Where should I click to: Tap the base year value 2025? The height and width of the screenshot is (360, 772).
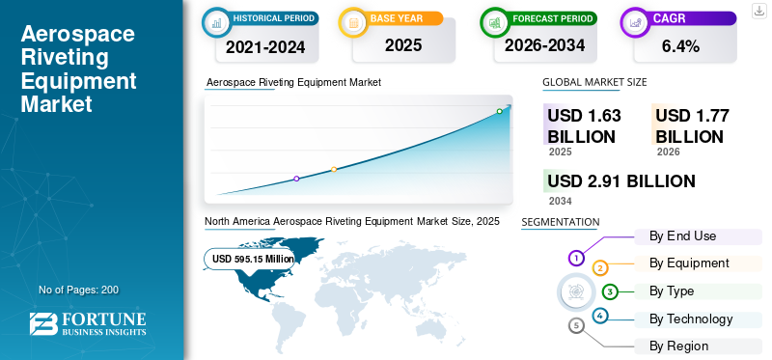[x=403, y=45]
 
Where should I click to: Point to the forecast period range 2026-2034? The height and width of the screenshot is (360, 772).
[x=542, y=46]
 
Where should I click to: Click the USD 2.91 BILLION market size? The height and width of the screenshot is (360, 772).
[x=620, y=181]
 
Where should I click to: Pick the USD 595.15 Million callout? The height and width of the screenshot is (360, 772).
[x=253, y=259]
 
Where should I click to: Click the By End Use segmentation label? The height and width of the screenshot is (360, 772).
[x=682, y=235]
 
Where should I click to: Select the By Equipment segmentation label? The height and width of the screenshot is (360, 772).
[x=689, y=263]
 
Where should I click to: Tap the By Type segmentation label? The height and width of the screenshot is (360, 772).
[x=672, y=291]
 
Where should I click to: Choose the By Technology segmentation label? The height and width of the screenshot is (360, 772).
[x=691, y=318]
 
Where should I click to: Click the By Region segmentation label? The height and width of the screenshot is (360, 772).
[x=678, y=346]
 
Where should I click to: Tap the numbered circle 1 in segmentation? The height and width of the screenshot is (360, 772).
[x=576, y=258]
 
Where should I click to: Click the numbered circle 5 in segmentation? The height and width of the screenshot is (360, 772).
[x=576, y=325]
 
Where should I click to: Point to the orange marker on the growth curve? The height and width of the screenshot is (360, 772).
[x=334, y=170]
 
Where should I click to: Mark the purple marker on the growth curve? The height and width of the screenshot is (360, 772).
[x=296, y=179]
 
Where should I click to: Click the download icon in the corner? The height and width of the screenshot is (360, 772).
[x=758, y=10]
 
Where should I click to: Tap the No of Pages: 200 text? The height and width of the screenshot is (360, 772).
[x=78, y=290]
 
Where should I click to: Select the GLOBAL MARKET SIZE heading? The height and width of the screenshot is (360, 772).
[x=594, y=82]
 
